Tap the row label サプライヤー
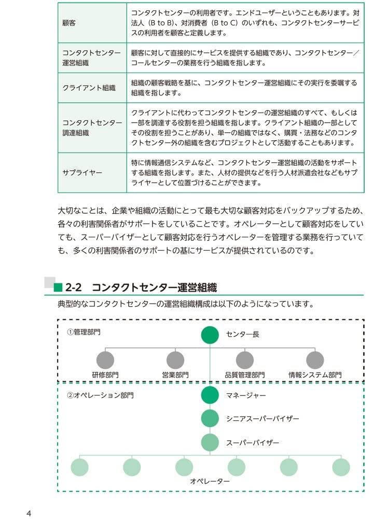tap(81, 173)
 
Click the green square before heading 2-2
tap(58, 287)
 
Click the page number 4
tap(29, 513)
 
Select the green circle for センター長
tap(210, 335)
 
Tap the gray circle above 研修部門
tap(105, 360)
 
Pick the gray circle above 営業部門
tap(175, 360)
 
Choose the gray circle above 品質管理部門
tap(244, 360)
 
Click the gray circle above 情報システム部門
tap(315, 360)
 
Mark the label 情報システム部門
tap(315, 375)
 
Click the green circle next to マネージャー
tap(210, 395)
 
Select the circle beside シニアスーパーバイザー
tap(210, 418)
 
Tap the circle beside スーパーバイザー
tap(210, 442)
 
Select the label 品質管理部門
tap(244, 375)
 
